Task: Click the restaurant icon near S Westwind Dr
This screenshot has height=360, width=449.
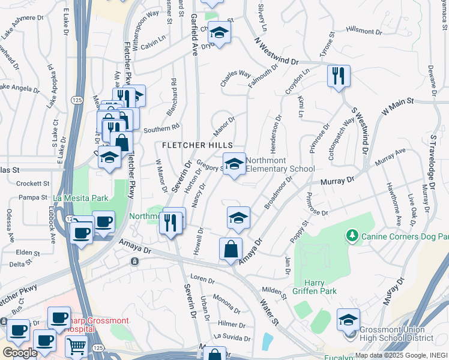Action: click(339, 77)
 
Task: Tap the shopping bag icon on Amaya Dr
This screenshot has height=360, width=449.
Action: click(231, 249)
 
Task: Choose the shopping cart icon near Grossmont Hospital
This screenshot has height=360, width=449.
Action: click(76, 347)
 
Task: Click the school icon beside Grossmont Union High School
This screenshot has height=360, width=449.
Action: click(348, 319)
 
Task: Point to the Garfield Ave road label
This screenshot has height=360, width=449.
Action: click(194, 35)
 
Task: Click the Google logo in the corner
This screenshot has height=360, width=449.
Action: click(20, 353)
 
